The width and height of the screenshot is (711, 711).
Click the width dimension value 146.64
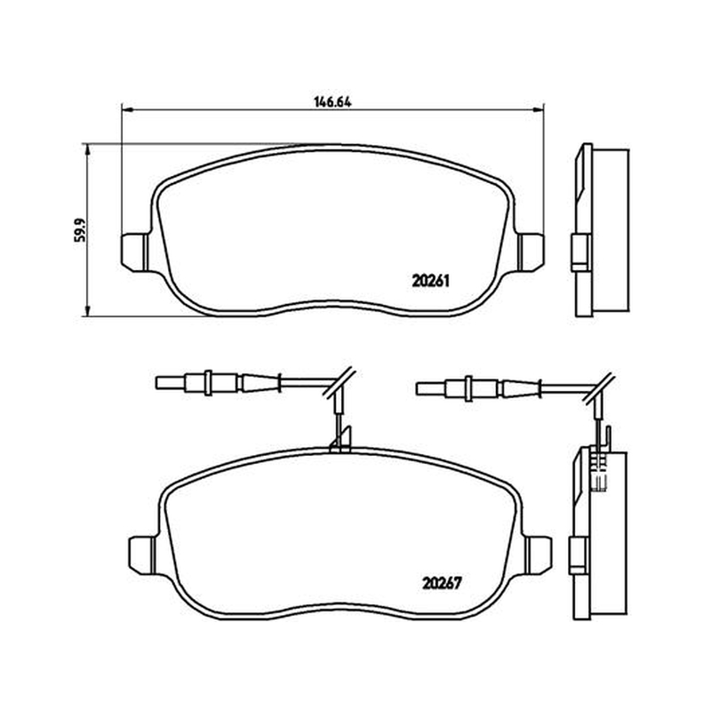click(332, 102)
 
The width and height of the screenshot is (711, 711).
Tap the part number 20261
click(430, 282)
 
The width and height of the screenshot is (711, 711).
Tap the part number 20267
click(442, 583)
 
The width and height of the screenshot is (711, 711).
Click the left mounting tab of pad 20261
click(135, 252)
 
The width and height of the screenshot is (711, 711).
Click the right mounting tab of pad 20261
click(531, 252)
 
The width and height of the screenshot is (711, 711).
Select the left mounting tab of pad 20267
click(142, 555)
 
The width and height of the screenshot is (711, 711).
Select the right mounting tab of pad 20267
click(539, 555)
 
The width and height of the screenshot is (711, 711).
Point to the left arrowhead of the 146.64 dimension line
click(127, 109)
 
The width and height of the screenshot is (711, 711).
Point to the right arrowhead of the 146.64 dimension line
click(539, 109)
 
